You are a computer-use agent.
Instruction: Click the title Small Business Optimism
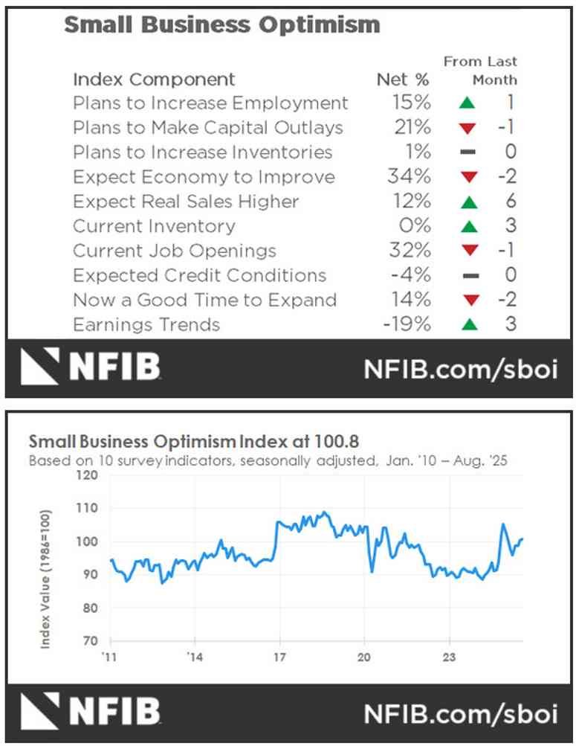[x=221, y=25]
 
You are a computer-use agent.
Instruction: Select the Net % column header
[x=402, y=80]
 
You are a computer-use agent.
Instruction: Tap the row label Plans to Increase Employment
[x=210, y=103]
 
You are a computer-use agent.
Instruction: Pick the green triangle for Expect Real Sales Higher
[x=467, y=202]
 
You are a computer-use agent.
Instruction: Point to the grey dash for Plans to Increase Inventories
[x=467, y=152]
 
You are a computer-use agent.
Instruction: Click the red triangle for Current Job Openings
[x=467, y=251]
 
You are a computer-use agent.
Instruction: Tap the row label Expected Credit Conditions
[x=199, y=275]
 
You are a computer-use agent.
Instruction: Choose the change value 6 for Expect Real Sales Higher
[x=510, y=202]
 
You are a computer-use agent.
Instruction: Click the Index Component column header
[x=154, y=80]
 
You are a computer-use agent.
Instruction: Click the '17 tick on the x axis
[x=279, y=657]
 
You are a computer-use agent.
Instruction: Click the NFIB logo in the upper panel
[x=89, y=367]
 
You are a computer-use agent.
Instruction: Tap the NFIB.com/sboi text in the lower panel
[x=460, y=714]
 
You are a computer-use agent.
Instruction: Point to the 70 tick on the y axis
[x=90, y=640]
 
